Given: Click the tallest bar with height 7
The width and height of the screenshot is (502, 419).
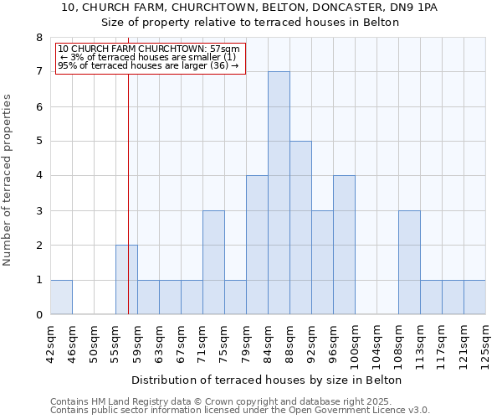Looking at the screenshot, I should pos(279,193).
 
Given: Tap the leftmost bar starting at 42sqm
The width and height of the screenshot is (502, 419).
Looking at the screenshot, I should pos(61,297).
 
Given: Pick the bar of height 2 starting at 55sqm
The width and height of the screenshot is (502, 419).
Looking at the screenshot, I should pos(126,280).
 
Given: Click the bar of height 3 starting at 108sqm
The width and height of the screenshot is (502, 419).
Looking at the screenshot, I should pos(409,262).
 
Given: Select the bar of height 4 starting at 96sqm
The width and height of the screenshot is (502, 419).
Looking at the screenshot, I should pos(344,245).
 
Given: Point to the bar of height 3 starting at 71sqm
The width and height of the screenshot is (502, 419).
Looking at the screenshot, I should pos(213,262).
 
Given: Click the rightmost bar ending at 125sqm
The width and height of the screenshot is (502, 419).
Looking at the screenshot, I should pos(474,297).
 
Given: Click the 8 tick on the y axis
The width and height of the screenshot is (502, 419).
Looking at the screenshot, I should pos(38,38).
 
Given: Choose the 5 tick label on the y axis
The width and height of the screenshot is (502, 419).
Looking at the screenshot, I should pos(38,142).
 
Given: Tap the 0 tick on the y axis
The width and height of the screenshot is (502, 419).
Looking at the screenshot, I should pos(38,315).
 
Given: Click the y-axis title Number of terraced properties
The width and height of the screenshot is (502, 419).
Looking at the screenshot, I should pos(8,180).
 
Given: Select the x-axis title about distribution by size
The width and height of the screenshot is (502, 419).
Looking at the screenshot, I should pos(268,380).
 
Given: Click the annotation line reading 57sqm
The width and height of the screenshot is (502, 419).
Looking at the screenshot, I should pos(149,49).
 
